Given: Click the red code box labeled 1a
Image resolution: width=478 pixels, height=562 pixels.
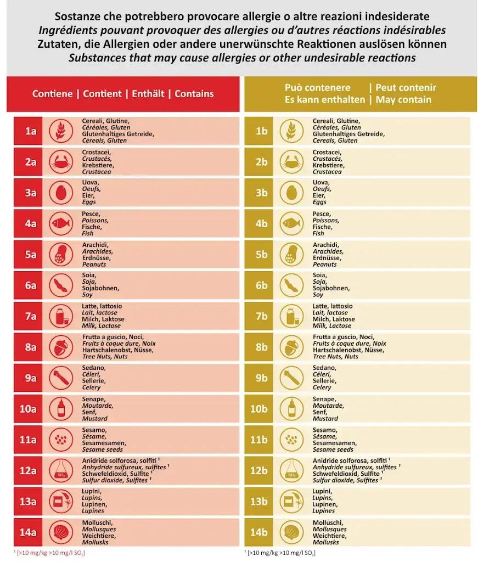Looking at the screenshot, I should click(x=30, y=131).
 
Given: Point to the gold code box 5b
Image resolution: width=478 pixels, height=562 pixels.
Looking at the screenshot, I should click(x=261, y=255).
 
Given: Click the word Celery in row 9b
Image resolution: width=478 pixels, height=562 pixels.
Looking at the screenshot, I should click(x=322, y=387).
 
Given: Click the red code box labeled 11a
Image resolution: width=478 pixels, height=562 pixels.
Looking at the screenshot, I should click(x=30, y=440).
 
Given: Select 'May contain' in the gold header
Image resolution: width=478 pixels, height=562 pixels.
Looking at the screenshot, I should click(x=403, y=100).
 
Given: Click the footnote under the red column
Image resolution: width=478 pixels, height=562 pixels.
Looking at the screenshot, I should click(x=49, y=552).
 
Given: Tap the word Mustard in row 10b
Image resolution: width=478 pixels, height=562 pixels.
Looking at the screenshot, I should click(x=325, y=418).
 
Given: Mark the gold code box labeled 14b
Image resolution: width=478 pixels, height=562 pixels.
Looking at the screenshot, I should click(x=261, y=532).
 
